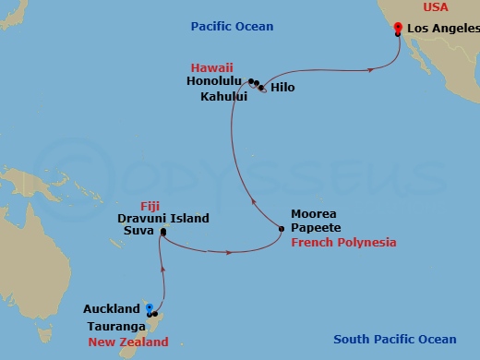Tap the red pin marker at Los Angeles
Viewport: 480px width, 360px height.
pos(397,29)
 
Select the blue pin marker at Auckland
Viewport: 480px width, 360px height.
pos(149,307)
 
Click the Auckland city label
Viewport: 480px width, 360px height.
pos(112,309)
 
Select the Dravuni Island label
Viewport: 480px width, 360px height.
pos(162,219)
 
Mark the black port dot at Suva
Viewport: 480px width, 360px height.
pos(162,232)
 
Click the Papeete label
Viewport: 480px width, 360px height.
pos(315,227)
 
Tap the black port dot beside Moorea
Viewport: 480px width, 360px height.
pos(282,227)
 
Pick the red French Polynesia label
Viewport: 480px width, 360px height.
pos(343,242)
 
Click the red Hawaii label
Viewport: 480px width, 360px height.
pos(212,67)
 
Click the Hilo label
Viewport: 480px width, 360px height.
pos(282,89)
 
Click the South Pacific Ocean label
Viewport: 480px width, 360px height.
pos(394,339)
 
